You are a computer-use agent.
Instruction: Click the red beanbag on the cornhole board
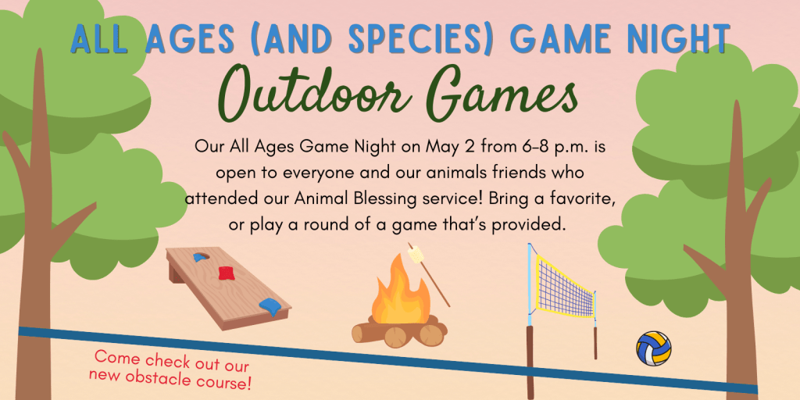[x=227, y=273]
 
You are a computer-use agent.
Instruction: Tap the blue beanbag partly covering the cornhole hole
[x=199, y=256]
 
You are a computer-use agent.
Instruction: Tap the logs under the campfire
[x=399, y=331]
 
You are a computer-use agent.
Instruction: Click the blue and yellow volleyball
[x=654, y=348]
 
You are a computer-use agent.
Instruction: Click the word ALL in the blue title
[x=99, y=39]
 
